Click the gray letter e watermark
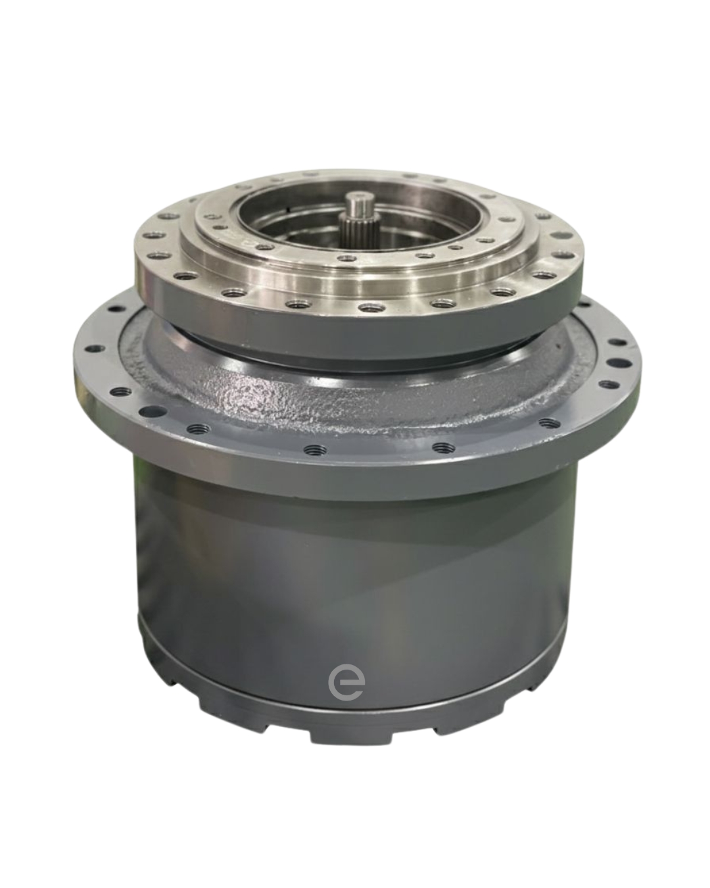pyautogui.click(x=346, y=682)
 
